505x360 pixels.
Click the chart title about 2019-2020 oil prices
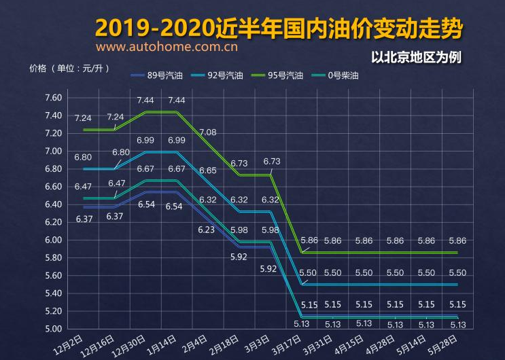pyautogui.click(x=279, y=29)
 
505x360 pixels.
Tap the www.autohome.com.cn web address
pyautogui.click(x=167, y=48)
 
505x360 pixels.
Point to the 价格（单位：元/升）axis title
pyautogui.click(x=69, y=68)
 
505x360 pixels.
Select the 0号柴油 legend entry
pyautogui.click(x=342, y=76)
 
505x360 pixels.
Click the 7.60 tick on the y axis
pyautogui.click(x=53, y=98)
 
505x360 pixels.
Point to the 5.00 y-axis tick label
pyautogui.click(x=53, y=329)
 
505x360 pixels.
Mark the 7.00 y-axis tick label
pyautogui.click(x=53, y=151)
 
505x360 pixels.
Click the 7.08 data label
pyautogui.click(x=208, y=132)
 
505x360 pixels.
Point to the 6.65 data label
pyautogui.click(x=208, y=170)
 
